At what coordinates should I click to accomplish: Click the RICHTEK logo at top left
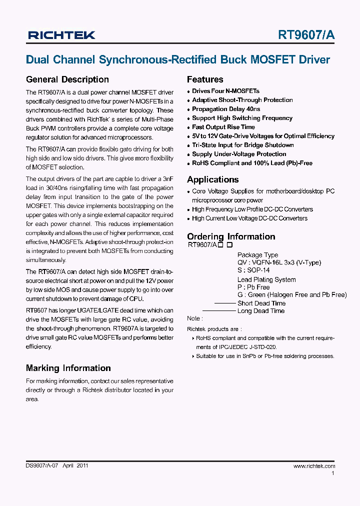pos(61,35)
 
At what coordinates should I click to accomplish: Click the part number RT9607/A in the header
pos(306,35)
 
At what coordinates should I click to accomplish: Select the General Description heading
pos(67,79)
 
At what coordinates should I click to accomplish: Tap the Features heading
pos(205,79)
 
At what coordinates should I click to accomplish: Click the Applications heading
pos(212,179)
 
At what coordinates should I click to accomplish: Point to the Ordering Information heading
pos(231,236)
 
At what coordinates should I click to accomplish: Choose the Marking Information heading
pos(68,368)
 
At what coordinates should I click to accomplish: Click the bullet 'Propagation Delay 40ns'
pos(226,109)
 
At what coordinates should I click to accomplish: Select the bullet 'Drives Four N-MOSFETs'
pos(225,91)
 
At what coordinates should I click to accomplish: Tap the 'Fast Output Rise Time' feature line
pos(223,127)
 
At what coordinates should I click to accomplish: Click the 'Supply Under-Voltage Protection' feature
pos(239,154)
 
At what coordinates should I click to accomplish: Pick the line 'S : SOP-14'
pos(253,270)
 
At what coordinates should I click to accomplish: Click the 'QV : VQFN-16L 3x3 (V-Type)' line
pos(279,262)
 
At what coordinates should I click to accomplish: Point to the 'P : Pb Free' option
pos(253,287)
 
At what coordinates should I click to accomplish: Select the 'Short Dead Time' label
pos(261,303)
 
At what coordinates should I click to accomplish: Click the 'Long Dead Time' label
pos(260,311)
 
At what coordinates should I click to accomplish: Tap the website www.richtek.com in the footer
pos(314,466)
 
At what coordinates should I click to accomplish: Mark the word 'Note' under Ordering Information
pos(194,318)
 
